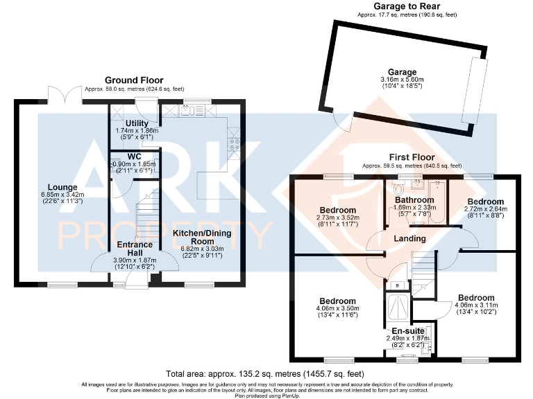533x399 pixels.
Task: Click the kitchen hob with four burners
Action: click(x=235, y=145)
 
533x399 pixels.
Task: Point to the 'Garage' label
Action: click(x=403, y=72)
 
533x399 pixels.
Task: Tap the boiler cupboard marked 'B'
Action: click(x=396, y=284)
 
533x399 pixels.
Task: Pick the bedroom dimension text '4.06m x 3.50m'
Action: click(x=338, y=309)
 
